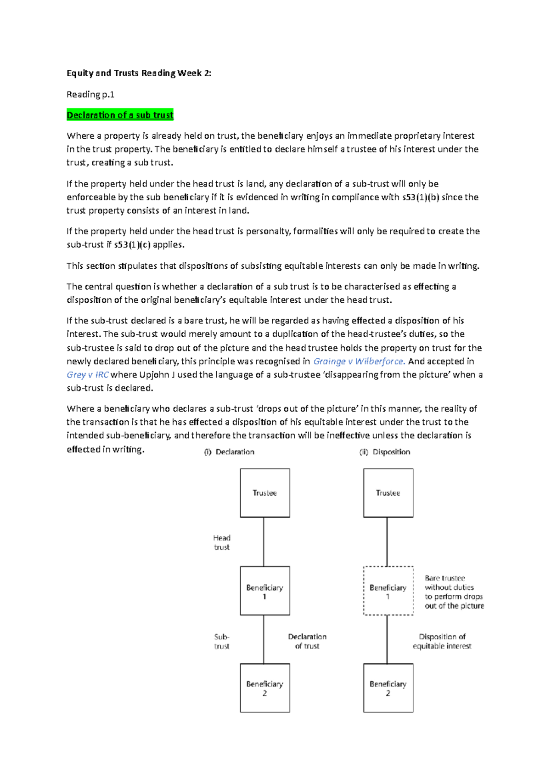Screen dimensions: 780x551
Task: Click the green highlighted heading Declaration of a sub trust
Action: (120, 115)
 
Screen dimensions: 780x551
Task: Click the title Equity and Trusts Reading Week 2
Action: (139, 73)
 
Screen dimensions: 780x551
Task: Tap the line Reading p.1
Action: (90, 95)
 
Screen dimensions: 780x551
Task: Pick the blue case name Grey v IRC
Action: (87, 375)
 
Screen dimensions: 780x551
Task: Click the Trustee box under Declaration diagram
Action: (265, 493)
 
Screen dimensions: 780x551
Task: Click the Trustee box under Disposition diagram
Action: (388, 493)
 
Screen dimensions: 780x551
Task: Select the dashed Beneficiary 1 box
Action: (388, 591)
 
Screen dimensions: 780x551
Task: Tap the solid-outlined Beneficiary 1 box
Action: (265, 591)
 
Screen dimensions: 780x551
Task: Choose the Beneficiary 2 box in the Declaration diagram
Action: (265, 688)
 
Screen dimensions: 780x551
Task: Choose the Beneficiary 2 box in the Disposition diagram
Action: (388, 688)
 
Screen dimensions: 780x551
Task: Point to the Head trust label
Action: (222, 543)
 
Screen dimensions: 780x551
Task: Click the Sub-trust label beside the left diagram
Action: (222, 641)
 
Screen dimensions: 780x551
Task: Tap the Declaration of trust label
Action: (307, 641)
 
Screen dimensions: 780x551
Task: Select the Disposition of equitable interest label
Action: (442, 641)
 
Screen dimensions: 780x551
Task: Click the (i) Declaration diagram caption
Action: (229, 452)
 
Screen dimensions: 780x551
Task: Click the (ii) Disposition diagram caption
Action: (384, 452)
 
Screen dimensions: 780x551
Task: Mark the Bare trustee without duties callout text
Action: (454, 592)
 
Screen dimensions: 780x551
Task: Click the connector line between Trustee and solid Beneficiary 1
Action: (264, 542)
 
